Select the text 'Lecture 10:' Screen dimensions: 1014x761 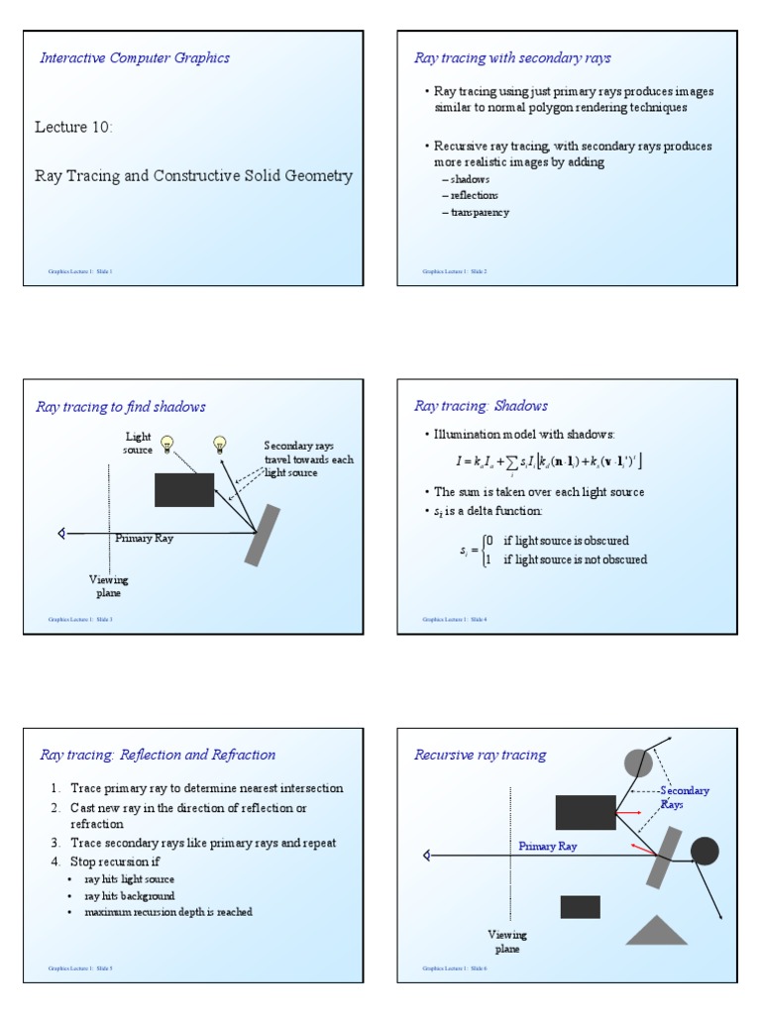(74, 127)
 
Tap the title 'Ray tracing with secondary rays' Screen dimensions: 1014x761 (512, 58)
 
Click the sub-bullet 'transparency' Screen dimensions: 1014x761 (479, 212)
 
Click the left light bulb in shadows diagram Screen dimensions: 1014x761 (167, 444)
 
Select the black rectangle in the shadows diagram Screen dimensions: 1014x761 (184, 489)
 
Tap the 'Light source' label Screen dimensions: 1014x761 (138, 443)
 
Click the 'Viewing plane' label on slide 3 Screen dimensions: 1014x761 (109, 586)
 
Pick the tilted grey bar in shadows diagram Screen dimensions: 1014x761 (263, 535)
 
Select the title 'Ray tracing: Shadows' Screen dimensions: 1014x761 (481, 406)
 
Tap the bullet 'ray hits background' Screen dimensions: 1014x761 (130, 895)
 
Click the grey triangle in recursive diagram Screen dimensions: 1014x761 (656, 930)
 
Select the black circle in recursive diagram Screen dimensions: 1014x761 (705, 851)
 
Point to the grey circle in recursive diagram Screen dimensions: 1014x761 (639, 762)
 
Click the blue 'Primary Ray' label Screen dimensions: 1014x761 (548, 847)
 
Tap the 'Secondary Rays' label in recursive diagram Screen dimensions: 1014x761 (684, 797)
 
